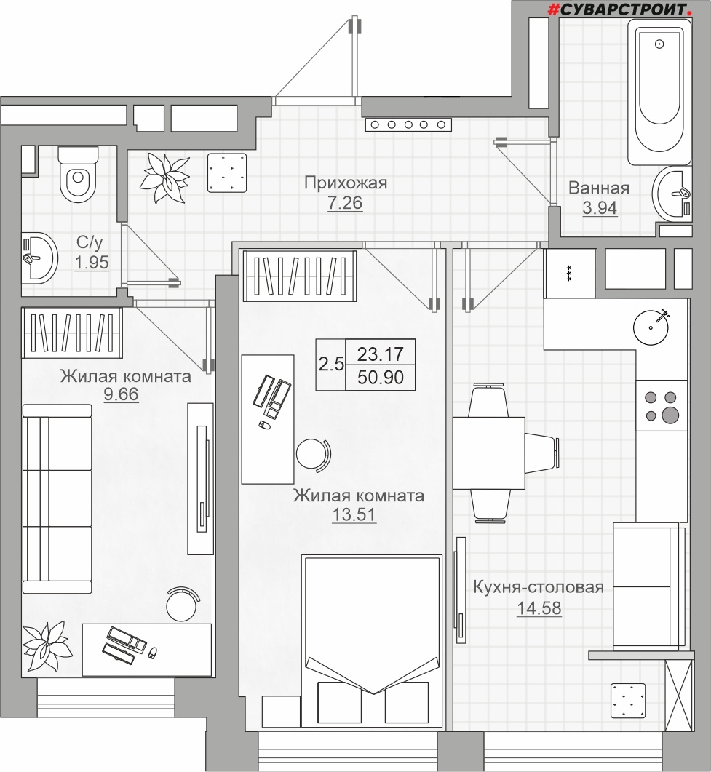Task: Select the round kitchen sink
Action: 651,327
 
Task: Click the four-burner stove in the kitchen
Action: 662,406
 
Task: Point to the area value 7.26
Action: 345,202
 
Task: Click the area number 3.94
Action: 599,208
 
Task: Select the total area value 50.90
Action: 380,377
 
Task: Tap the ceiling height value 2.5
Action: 331,365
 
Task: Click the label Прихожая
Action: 345,183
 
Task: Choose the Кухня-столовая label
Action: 539,587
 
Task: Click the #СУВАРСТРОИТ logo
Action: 623,9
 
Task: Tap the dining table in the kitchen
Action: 489,453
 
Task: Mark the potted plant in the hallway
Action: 165,177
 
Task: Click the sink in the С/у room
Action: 39,258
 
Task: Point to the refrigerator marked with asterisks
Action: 570,274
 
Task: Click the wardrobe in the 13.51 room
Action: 299,276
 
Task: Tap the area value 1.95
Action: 92,263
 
